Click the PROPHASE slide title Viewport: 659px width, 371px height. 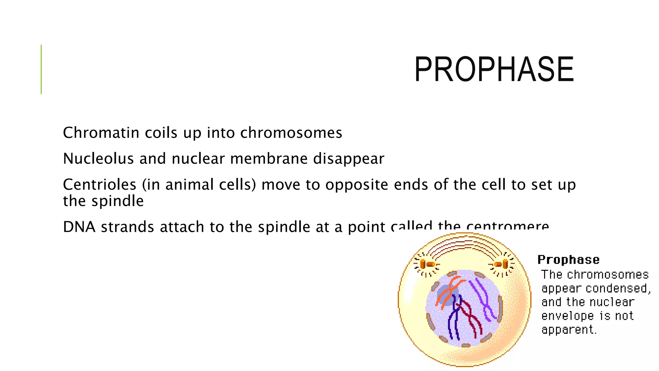point(494,69)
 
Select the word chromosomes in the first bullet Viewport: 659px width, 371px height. point(291,133)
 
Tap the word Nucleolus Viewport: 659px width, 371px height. point(98,158)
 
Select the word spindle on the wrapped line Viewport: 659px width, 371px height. point(117,201)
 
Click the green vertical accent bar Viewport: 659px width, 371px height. point(41,69)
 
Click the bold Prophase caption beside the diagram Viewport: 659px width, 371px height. point(568,260)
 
